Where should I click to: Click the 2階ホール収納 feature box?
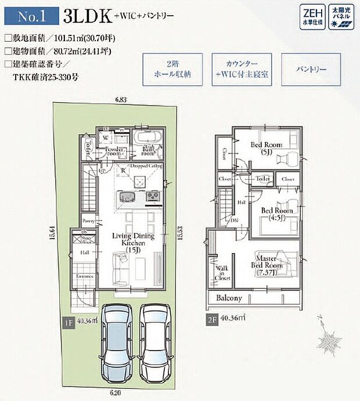click(x=172, y=70)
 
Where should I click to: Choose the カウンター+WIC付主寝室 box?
click(x=240, y=70)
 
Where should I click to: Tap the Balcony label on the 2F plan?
click(x=229, y=298)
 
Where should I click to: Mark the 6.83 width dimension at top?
click(x=120, y=100)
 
